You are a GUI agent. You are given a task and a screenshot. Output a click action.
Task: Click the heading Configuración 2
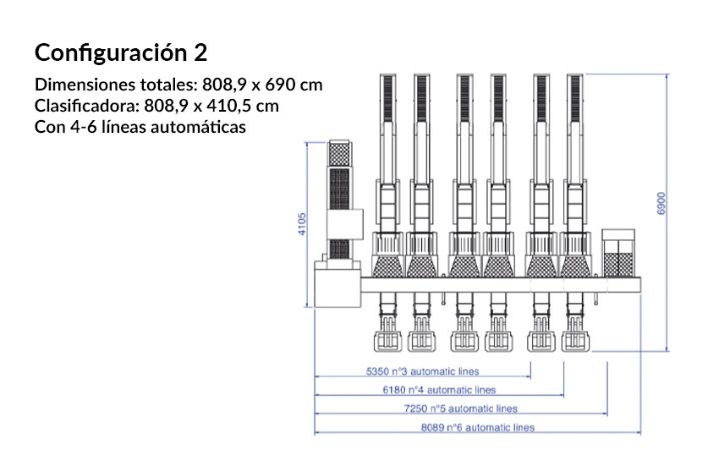121,52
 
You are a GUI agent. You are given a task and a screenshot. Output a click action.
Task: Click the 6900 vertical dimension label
661,203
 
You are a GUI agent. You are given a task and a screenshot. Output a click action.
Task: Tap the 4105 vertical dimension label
302,224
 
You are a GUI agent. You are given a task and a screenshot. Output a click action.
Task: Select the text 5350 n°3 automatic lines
422,371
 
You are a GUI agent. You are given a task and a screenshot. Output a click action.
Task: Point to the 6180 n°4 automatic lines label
439,390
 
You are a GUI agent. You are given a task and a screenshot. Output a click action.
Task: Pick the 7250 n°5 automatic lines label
460,409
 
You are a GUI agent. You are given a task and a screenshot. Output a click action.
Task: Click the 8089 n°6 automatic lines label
478,427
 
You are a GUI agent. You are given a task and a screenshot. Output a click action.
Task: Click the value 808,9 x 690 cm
262,85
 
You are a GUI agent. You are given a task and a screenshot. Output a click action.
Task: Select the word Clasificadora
87,106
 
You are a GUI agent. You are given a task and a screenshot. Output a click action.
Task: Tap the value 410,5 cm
243,106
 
